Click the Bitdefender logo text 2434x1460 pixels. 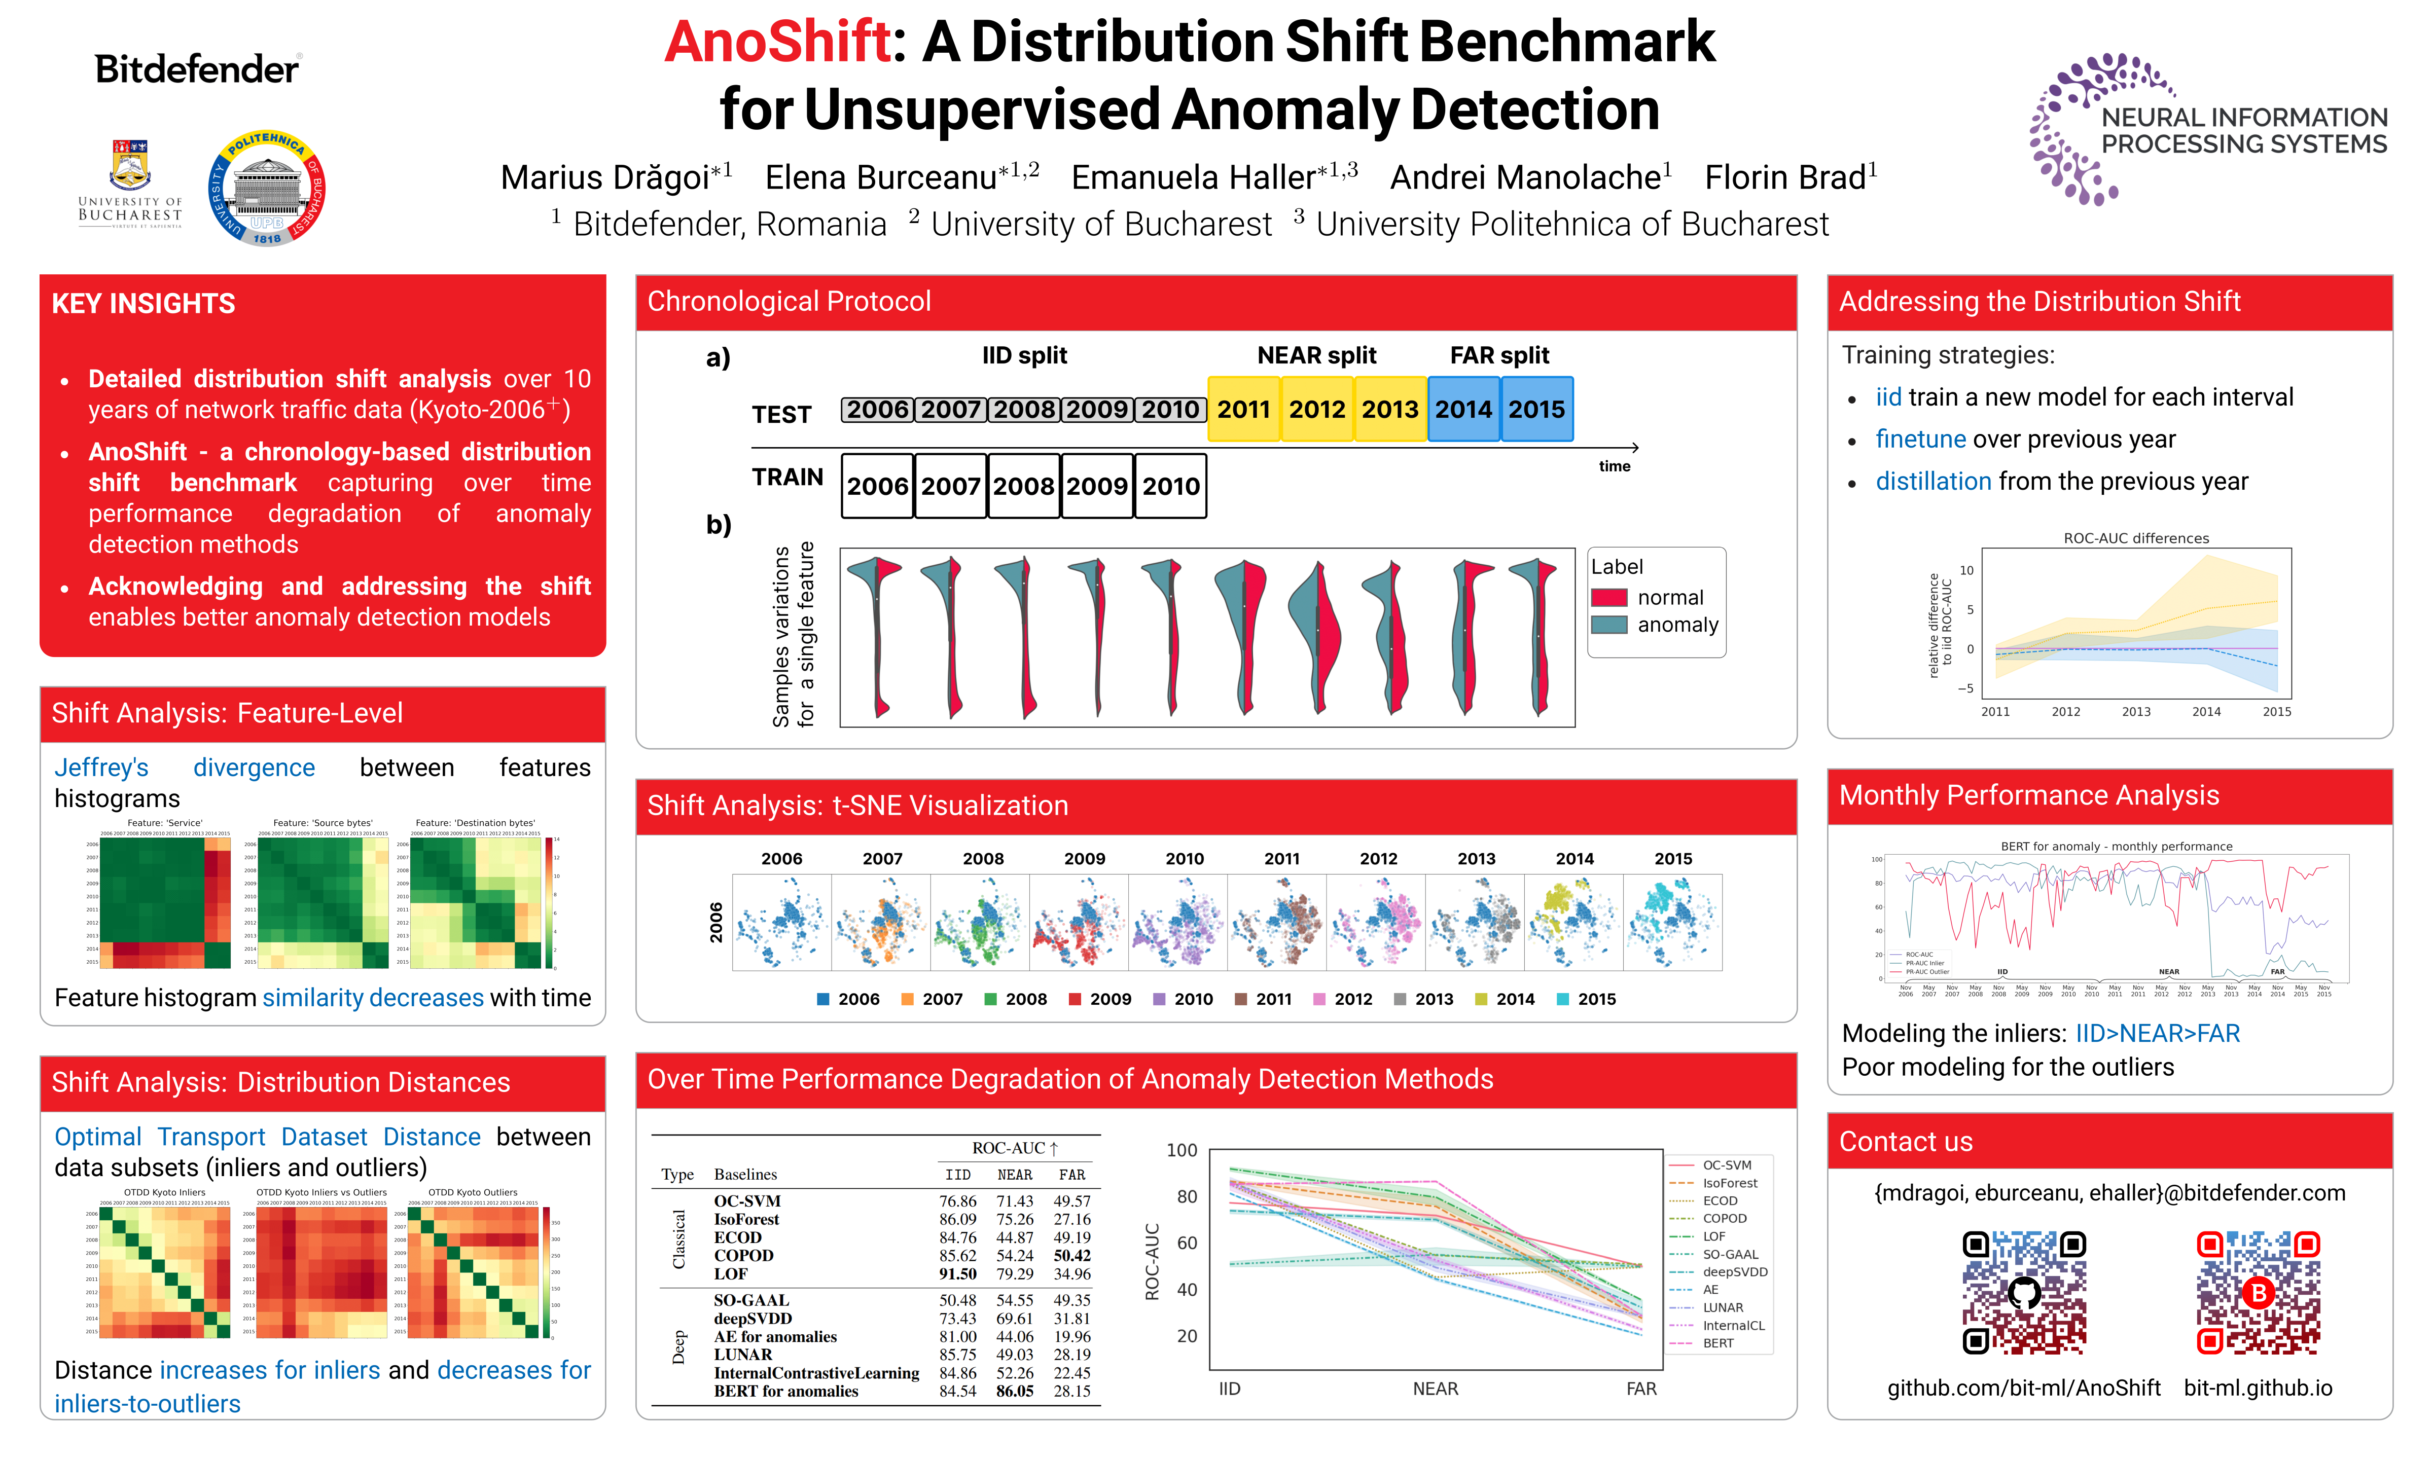(x=197, y=69)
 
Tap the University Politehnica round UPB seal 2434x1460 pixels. (x=267, y=188)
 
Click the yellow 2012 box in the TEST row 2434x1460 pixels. (x=1316, y=409)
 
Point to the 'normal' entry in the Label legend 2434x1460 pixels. (x=1669, y=597)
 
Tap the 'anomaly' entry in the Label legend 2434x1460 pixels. (x=1676, y=625)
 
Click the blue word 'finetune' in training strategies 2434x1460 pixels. (x=1919, y=439)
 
